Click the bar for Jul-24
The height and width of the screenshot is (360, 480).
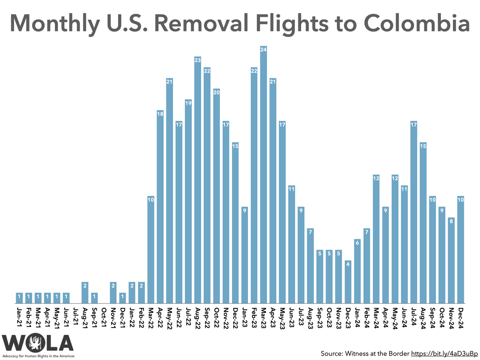[414, 212]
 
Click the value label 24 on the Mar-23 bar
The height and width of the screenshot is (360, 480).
[263, 50]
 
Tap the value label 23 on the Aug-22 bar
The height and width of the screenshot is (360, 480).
[198, 60]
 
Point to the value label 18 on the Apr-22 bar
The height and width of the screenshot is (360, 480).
[160, 113]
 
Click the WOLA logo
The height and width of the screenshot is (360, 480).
[38, 344]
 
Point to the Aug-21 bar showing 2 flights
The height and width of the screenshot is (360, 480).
[85, 292]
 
